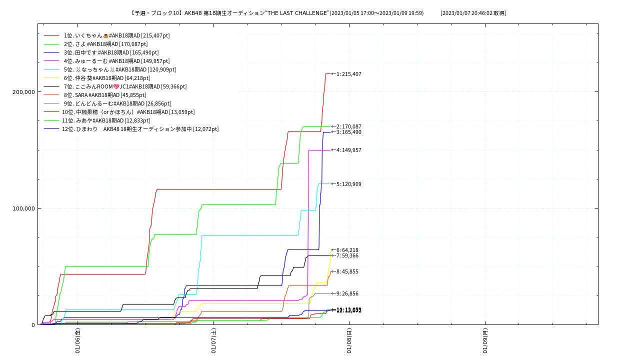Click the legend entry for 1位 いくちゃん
tap(116, 35)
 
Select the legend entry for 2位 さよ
tap(105, 44)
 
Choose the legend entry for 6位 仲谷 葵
tap(107, 78)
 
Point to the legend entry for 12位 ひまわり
tap(140, 129)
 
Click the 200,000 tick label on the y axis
tap(23, 91)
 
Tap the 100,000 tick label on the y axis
tap(23, 208)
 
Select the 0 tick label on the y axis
tap(33, 324)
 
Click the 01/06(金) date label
tap(78, 341)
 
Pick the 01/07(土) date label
tap(213, 341)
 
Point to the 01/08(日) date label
tap(349, 341)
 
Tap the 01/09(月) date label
tap(485, 341)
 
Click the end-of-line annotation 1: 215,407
tap(348, 74)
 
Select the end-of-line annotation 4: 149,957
tap(348, 150)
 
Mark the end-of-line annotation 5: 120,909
tap(348, 184)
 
